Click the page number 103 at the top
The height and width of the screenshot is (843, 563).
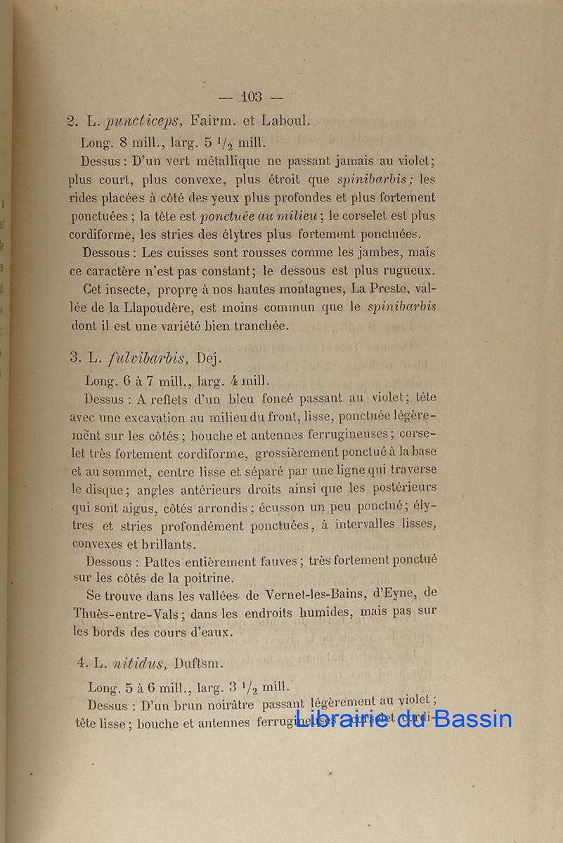[251, 97]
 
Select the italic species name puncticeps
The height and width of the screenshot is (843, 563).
[138, 122]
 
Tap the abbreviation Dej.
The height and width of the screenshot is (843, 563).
[209, 358]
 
